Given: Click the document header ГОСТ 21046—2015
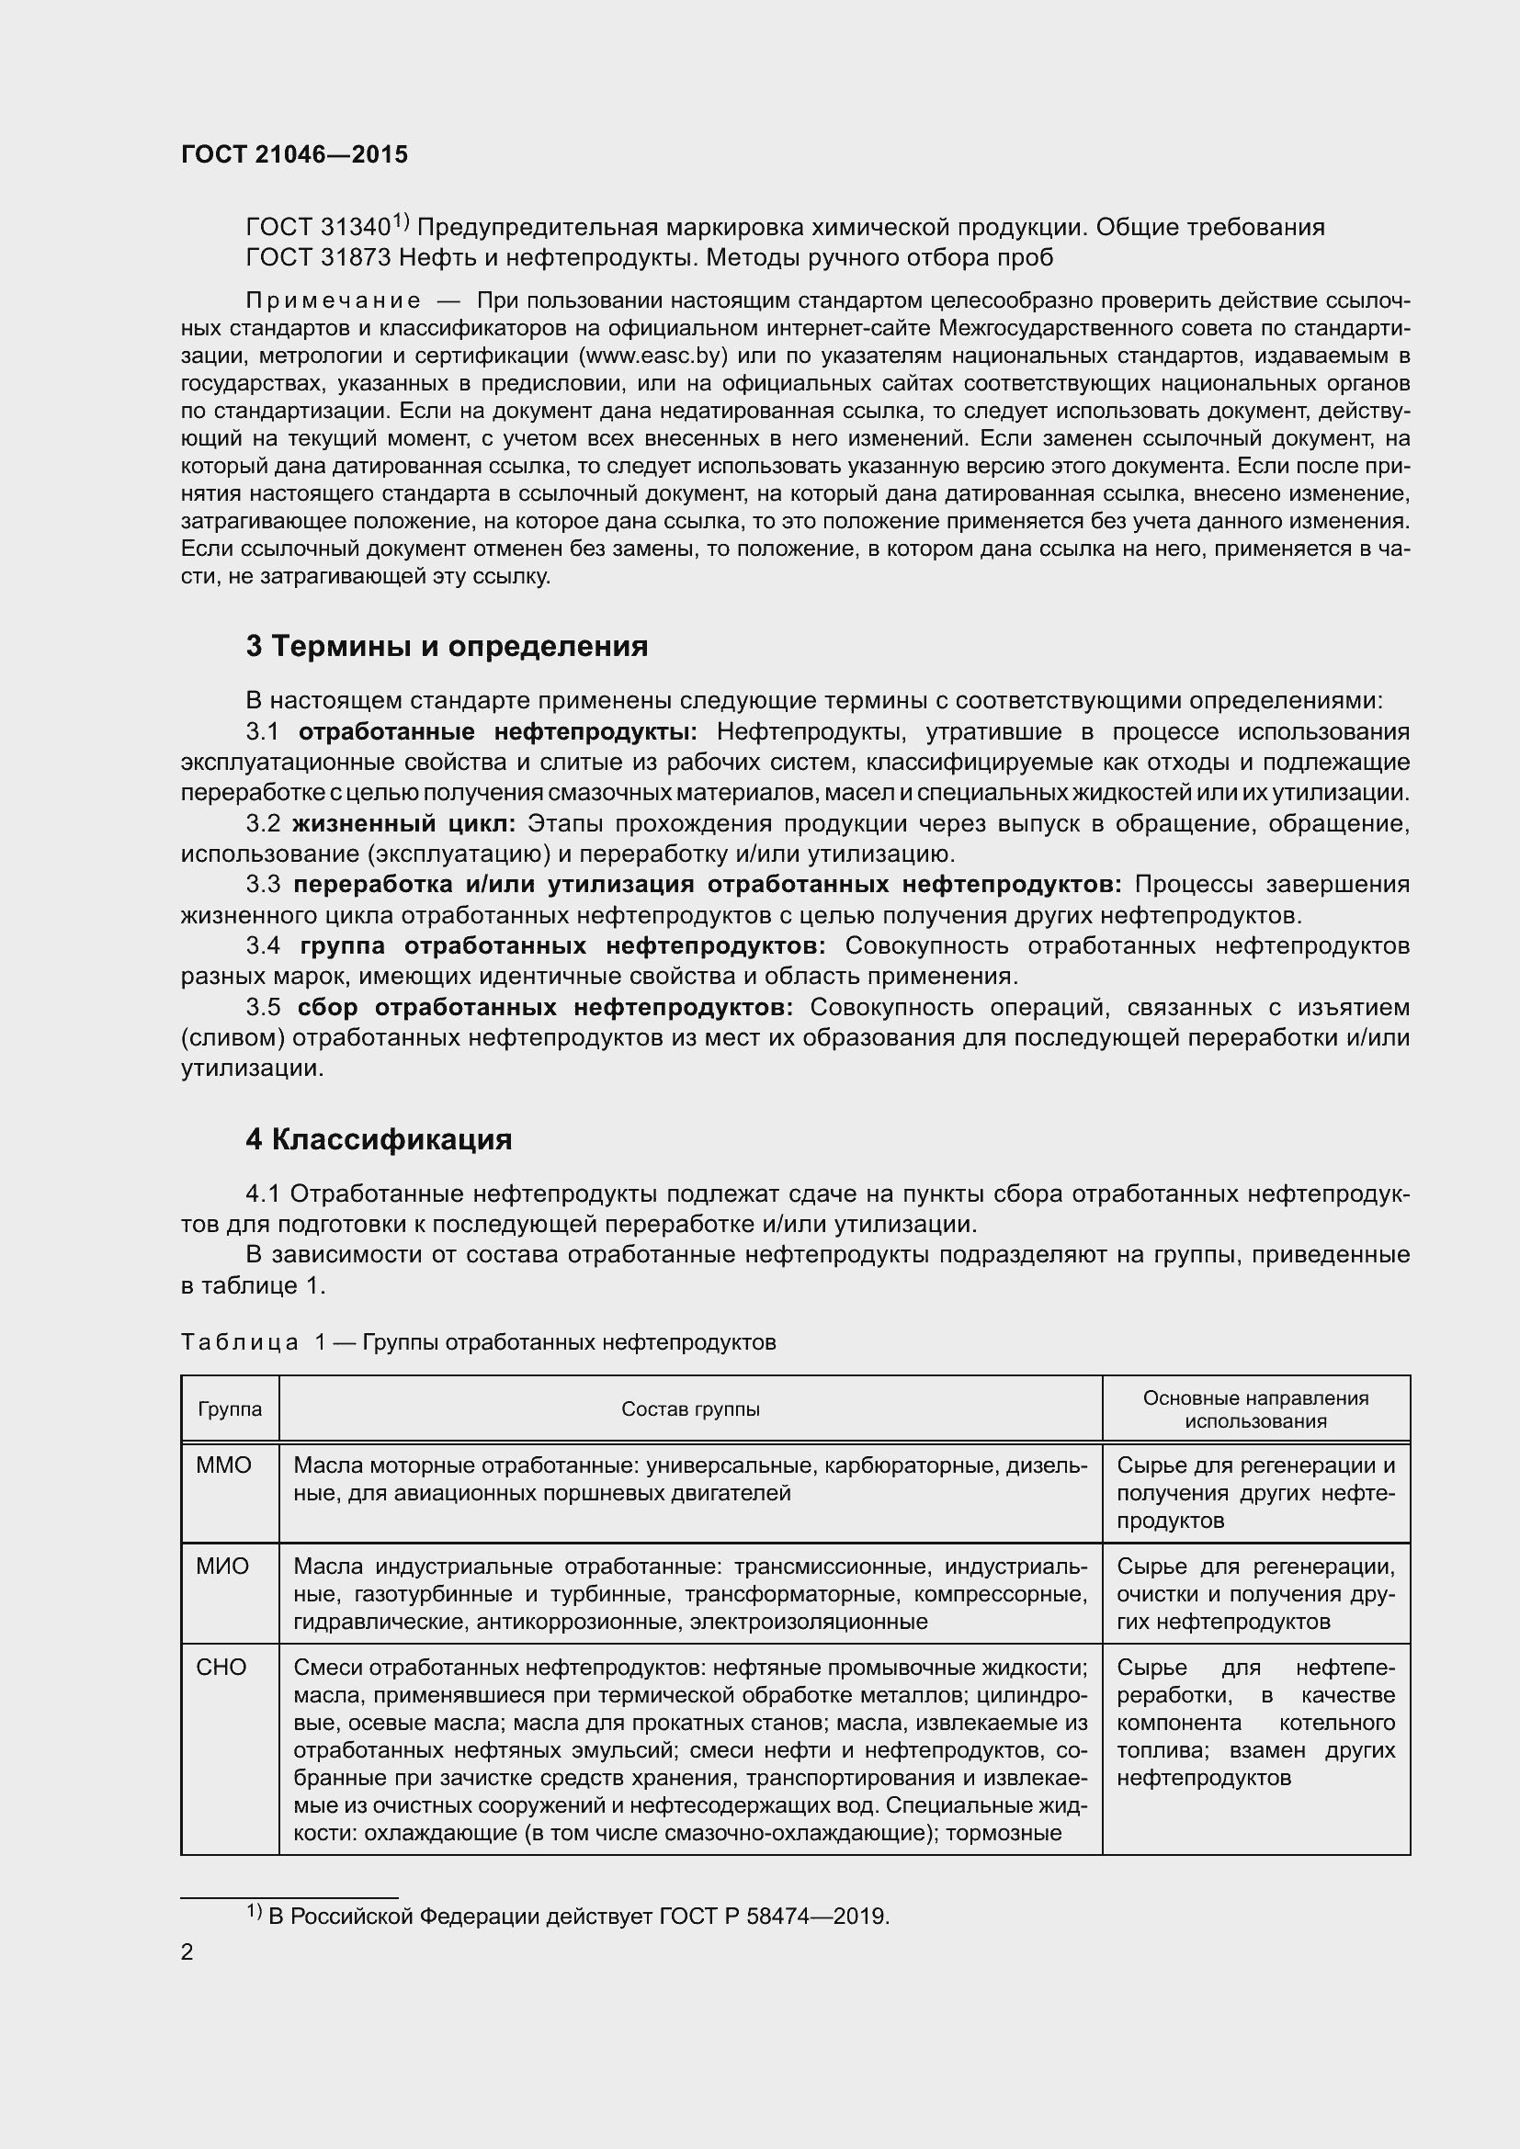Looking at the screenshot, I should point(294,154).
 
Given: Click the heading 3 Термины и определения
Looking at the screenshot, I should point(447,647).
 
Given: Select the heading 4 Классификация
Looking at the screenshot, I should point(378,1140).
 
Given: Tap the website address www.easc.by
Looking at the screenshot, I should point(652,356).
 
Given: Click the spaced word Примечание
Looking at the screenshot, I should point(333,300).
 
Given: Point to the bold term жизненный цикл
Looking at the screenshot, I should point(403,823).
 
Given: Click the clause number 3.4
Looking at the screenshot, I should point(263,946).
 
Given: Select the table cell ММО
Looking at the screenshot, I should point(223,1465).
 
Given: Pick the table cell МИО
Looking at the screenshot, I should point(222,1567).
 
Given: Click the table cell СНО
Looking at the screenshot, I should point(221,1668).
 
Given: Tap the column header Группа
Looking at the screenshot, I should point(230,1409).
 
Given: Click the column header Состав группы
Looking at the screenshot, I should point(690,1409).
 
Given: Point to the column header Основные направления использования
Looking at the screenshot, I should point(1255,1409).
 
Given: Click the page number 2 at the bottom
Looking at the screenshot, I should point(187,1952).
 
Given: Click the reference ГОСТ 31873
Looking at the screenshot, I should point(318,257).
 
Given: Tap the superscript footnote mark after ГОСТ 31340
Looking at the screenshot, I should point(400,221).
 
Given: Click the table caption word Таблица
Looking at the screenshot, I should point(240,1343).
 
